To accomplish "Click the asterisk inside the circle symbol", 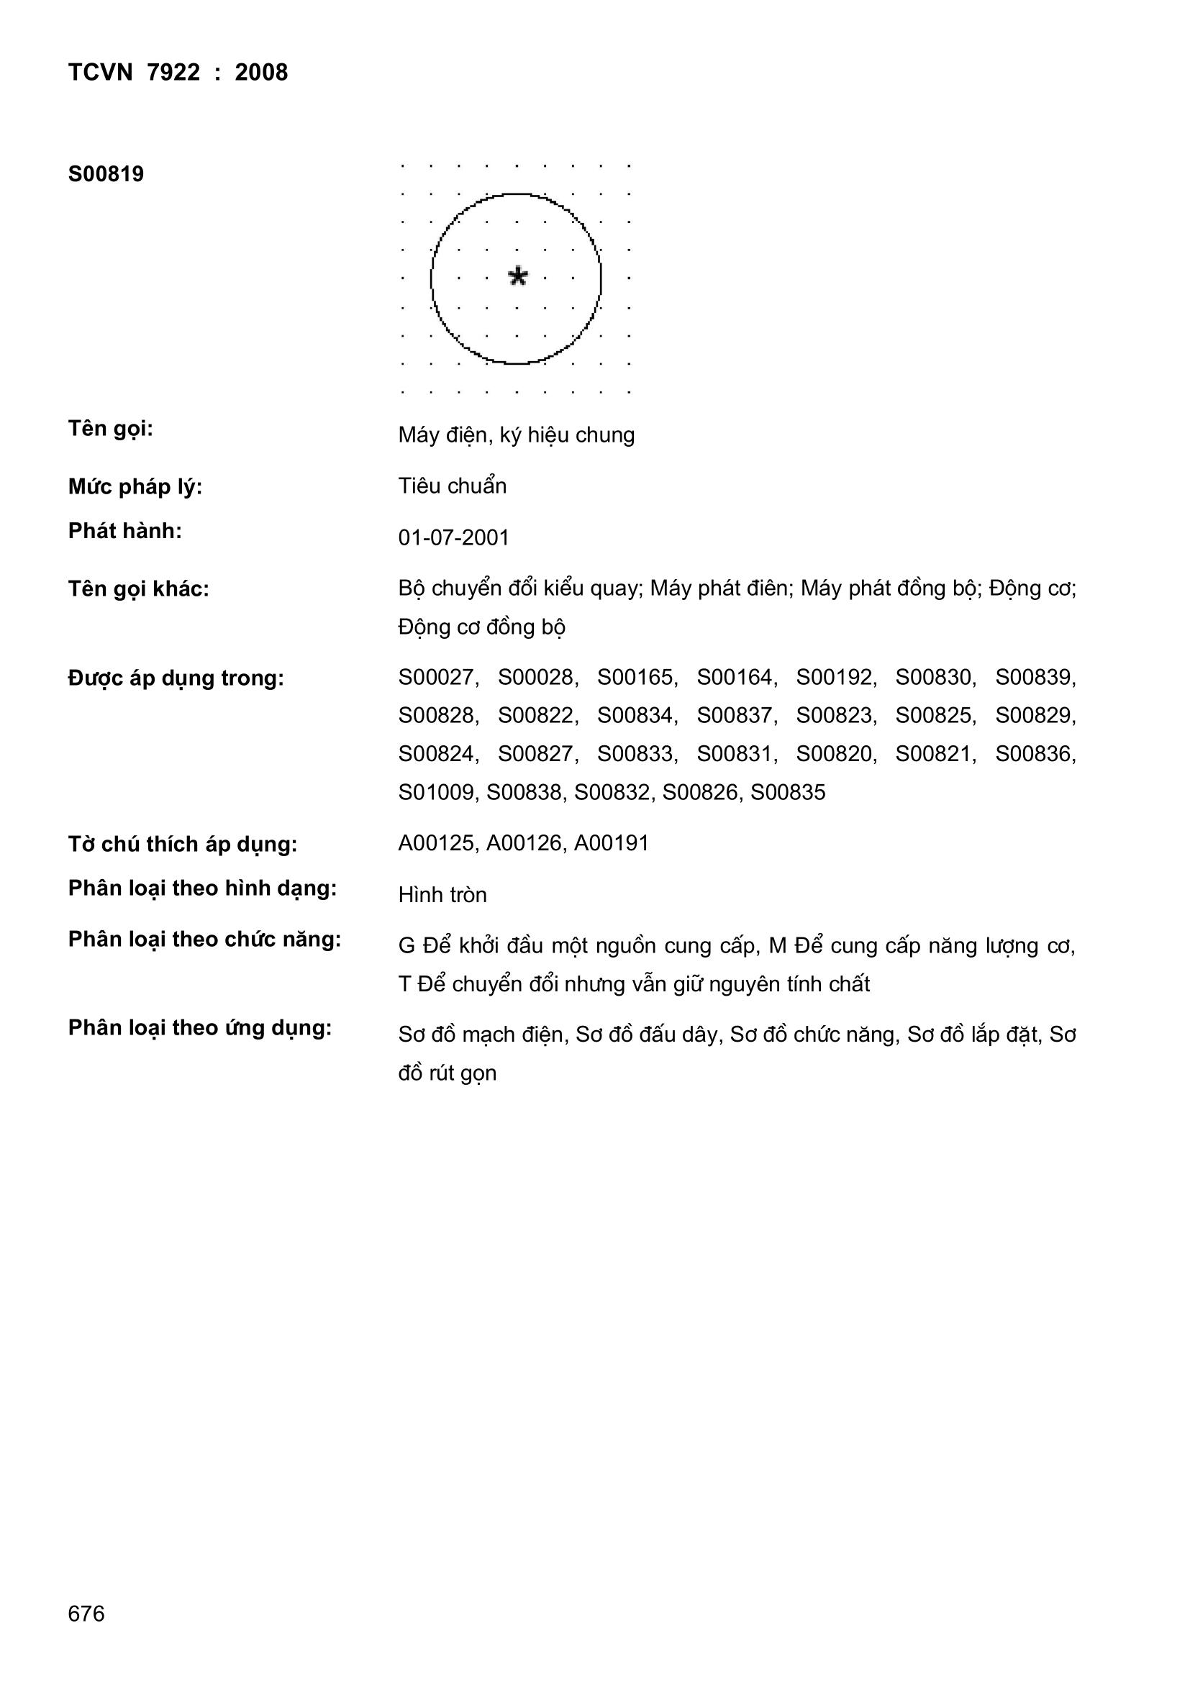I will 517,276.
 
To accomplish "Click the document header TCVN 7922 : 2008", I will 178,73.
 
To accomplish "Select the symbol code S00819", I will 106,174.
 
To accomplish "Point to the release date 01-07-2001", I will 453,537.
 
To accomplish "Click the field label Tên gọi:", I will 111,429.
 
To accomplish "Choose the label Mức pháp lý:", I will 135,486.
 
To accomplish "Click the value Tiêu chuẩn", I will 452,486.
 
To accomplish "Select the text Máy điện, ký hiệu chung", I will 517,435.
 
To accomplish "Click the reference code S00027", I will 437,678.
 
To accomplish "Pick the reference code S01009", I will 437,793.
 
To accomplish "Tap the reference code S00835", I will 788,793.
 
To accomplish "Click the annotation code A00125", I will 437,843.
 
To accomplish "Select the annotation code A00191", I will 611,843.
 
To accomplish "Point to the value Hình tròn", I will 442,895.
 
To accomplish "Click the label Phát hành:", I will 125,531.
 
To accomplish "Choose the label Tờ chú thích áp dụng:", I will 183,845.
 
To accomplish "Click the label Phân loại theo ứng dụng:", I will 200,1028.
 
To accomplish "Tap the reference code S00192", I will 835,678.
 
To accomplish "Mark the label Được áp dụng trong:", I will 176,678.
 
